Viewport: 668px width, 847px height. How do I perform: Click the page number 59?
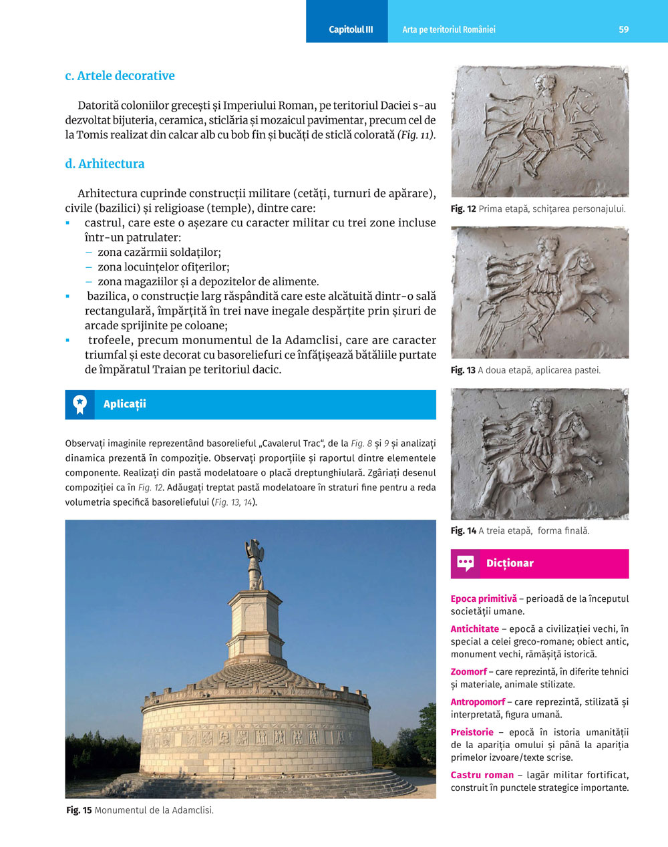623,29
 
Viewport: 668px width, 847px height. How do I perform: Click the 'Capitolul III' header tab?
351,29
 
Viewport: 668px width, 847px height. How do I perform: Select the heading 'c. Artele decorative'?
120,75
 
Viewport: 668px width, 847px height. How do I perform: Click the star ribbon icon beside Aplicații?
80,404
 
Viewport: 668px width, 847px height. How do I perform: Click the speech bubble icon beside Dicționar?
466,563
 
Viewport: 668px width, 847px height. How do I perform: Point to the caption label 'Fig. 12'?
463,209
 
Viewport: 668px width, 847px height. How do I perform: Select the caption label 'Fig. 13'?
463,370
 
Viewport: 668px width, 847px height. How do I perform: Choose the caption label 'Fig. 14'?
463,531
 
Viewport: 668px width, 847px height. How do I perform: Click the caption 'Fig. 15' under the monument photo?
79,810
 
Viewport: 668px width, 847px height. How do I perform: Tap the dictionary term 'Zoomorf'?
468,672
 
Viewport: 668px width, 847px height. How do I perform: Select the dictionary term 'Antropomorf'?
478,702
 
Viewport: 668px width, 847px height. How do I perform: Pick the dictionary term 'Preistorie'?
472,732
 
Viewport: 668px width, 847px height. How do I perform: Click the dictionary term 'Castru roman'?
482,775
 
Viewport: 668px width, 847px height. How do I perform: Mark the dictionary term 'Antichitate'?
474,629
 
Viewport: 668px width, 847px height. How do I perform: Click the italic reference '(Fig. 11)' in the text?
417,135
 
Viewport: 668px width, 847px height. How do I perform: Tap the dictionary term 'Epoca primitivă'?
484,599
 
